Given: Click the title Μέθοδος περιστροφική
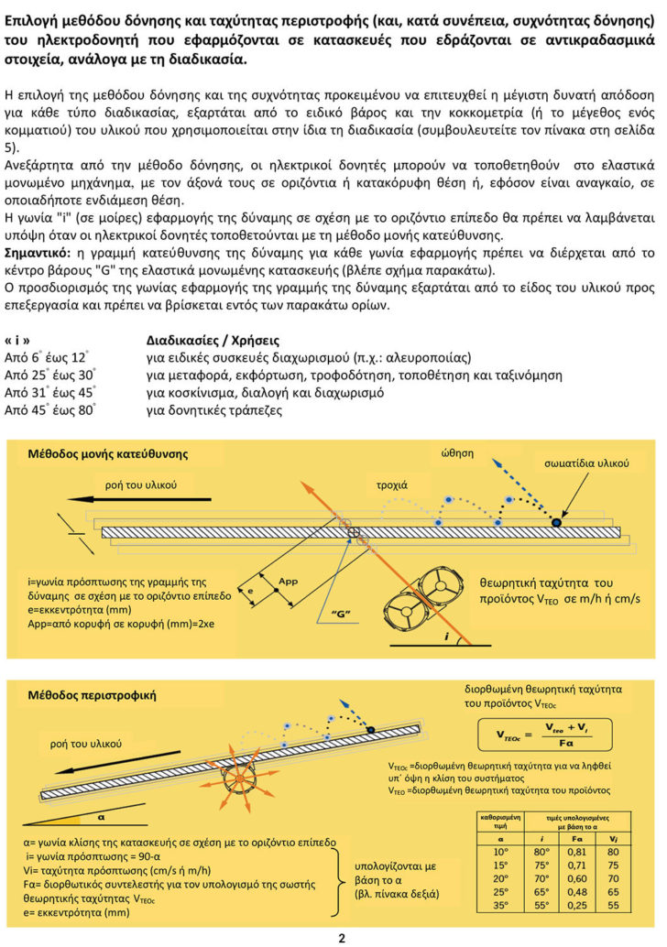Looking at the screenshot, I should click(92, 695).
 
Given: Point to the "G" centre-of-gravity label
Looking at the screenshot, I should click(343, 611).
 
